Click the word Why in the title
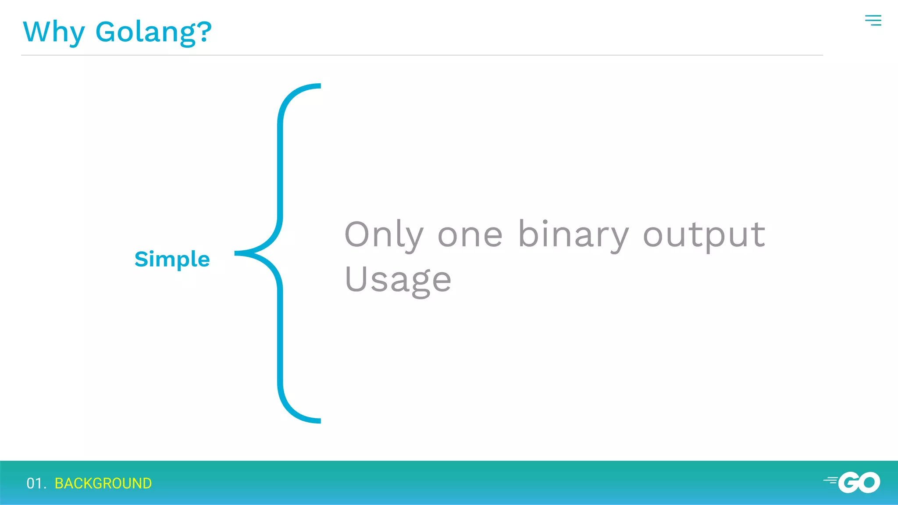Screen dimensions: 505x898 (x=53, y=32)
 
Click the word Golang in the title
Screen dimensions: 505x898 (x=145, y=33)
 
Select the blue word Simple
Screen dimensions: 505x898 (x=172, y=259)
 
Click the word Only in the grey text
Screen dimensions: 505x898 (x=384, y=235)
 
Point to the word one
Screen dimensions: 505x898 (x=470, y=236)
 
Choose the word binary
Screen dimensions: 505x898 (x=574, y=235)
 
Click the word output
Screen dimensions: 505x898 (x=704, y=235)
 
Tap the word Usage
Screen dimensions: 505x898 (x=398, y=280)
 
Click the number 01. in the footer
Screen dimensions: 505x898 (x=36, y=483)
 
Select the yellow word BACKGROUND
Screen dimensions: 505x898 (x=103, y=483)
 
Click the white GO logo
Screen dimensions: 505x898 (x=859, y=483)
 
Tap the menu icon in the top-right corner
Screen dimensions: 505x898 (x=873, y=20)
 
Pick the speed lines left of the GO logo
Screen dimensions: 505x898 (x=830, y=480)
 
